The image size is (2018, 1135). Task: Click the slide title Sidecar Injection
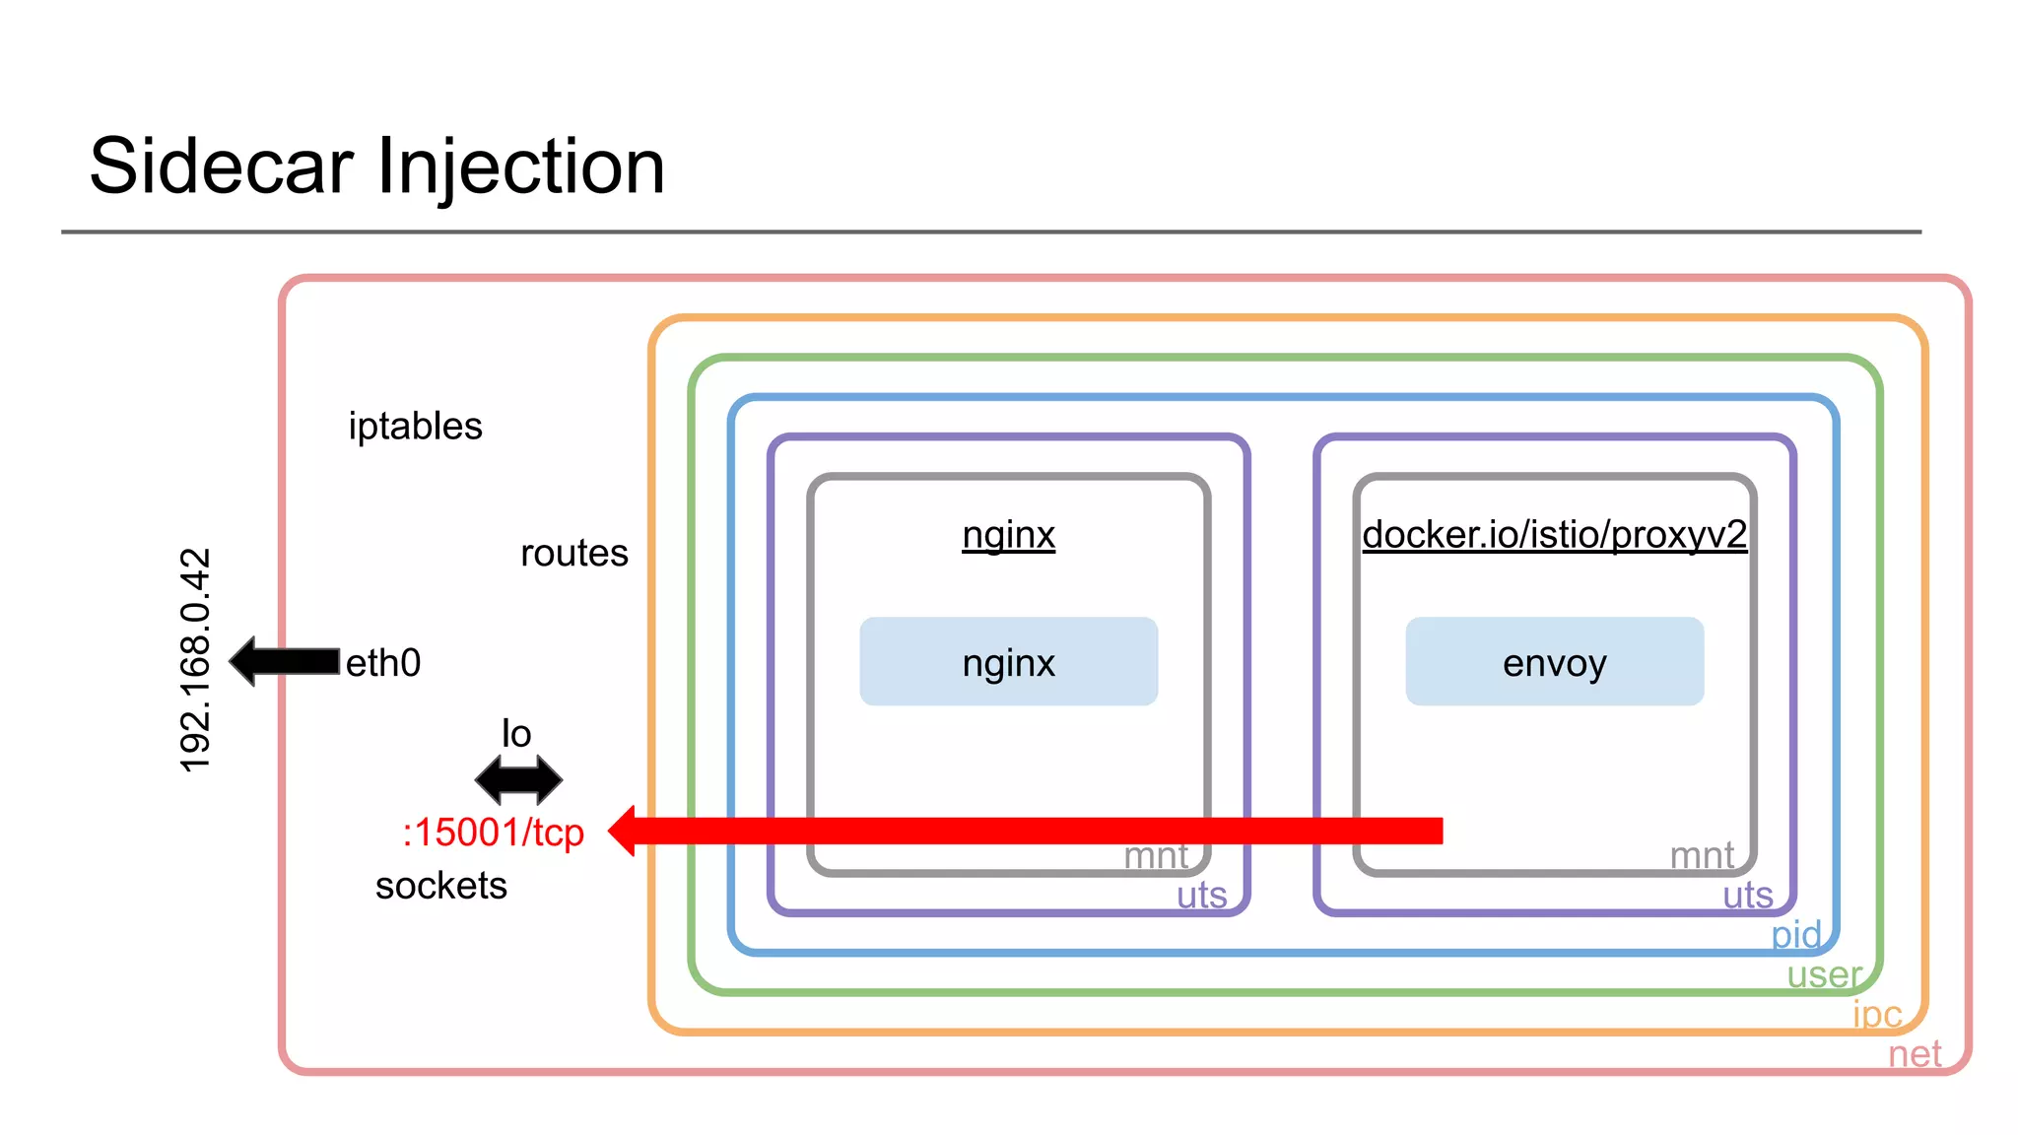[x=376, y=166]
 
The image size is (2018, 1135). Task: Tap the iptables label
[x=415, y=427]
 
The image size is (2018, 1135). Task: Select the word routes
[x=573, y=553]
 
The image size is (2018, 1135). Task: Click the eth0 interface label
[x=383, y=663]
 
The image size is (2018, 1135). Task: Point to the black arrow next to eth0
[x=284, y=661]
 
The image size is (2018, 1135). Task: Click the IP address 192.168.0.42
[x=195, y=660]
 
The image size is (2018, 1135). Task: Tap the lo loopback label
[x=516, y=734]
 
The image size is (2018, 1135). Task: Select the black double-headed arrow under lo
[x=518, y=780]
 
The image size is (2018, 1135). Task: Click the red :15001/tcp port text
[x=493, y=833]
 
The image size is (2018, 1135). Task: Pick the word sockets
[x=440, y=886]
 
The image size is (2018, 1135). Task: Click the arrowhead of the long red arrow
[x=625, y=831]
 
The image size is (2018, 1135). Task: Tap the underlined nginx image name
[x=1008, y=535]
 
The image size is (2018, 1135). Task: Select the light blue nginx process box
[x=1008, y=662]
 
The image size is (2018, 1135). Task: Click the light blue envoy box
[x=1554, y=662]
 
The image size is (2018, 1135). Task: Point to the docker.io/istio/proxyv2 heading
[x=1554, y=535]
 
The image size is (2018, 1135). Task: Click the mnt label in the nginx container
[x=1156, y=856]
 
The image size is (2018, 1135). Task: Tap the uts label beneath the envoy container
[x=1747, y=896]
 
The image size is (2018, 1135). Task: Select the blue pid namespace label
[x=1795, y=935]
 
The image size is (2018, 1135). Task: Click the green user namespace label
[x=1824, y=974]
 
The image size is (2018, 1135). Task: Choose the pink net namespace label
[x=1914, y=1054]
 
